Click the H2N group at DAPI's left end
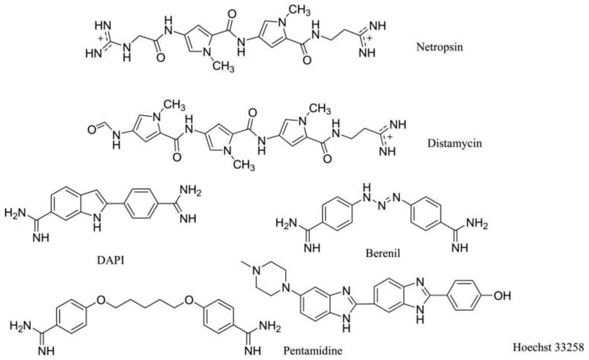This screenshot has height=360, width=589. (x=16, y=215)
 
